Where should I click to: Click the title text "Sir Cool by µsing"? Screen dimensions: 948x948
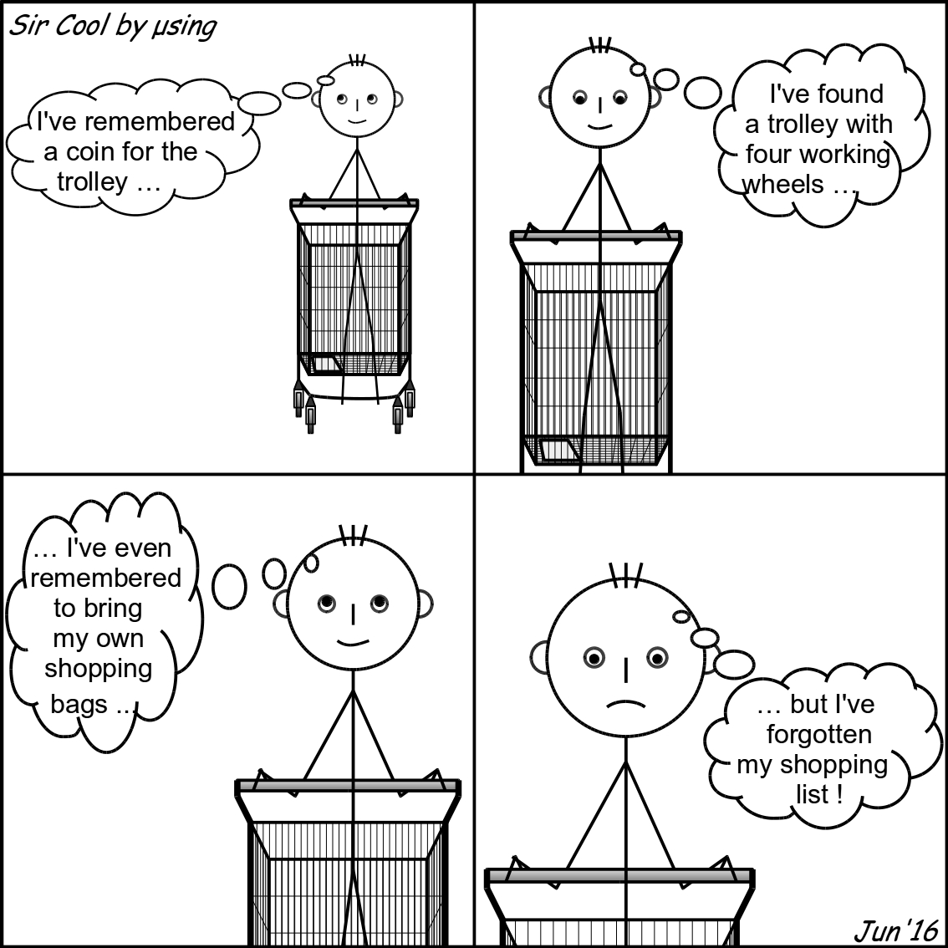click(x=113, y=27)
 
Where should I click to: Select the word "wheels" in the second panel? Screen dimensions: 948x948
click(x=782, y=185)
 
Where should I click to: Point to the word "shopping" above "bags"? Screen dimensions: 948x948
click(x=98, y=670)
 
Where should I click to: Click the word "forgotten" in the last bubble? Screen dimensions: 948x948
click(x=819, y=735)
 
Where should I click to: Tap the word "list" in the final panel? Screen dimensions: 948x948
click(x=813, y=794)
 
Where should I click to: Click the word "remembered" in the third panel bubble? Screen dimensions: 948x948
click(x=106, y=578)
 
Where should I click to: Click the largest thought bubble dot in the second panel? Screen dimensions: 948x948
click(x=702, y=93)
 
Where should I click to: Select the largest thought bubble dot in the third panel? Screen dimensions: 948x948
click(x=229, y=587)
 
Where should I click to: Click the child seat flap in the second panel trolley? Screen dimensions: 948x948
click(x=560, y=451)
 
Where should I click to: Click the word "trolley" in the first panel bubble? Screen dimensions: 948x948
click(x=93, y=182)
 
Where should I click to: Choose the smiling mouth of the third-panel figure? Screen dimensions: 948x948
click(x=353, y=641)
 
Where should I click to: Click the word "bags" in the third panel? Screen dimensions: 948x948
click(x=79, y=706)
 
